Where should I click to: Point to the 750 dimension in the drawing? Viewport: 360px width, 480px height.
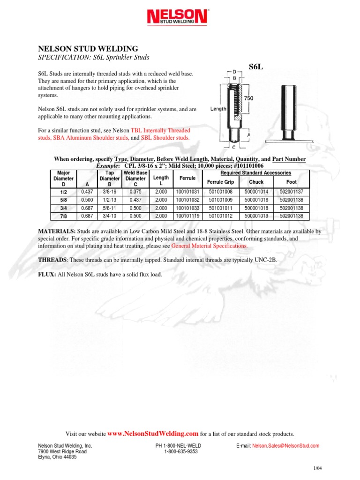click(249, 98)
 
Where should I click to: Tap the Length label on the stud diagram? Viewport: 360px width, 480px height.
click(218, 108)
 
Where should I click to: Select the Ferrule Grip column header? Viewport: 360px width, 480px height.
click(220, 182)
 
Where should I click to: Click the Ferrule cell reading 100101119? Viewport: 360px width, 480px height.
click(187, 216)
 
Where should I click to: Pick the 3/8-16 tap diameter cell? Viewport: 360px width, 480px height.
click(109, 191)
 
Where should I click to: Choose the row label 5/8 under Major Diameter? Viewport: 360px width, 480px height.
click(63, 200)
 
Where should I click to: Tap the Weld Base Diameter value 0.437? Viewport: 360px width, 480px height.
click(135, 200)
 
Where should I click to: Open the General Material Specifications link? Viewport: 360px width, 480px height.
click(209, 246)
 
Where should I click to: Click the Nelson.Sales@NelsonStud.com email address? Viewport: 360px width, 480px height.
click(285, 446)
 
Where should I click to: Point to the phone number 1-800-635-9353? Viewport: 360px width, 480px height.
click(180, 452)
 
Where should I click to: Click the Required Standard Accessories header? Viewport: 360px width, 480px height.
click(255, 173)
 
